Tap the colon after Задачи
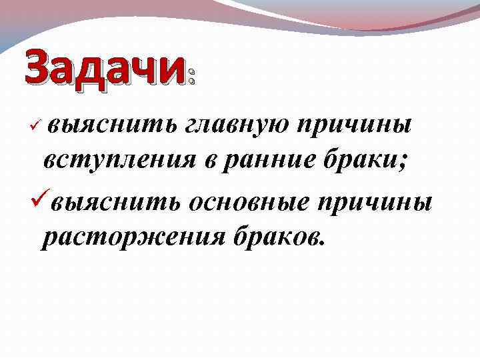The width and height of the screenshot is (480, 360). point(191,74)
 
